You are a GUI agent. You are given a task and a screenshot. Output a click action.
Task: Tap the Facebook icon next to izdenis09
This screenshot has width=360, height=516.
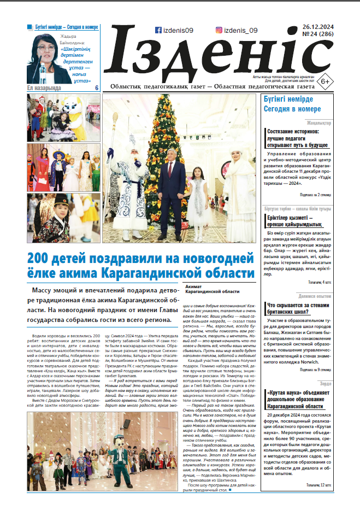click(158, 31)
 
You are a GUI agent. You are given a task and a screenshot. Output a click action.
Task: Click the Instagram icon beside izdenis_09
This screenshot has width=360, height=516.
click(219, 31)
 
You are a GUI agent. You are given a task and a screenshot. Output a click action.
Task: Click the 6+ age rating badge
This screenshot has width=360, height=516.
click(324, 81)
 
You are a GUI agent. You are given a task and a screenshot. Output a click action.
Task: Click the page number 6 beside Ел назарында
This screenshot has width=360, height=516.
click(97, 88)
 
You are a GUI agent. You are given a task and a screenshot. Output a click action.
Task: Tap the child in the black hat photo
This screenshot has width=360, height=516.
click(56, 217)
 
